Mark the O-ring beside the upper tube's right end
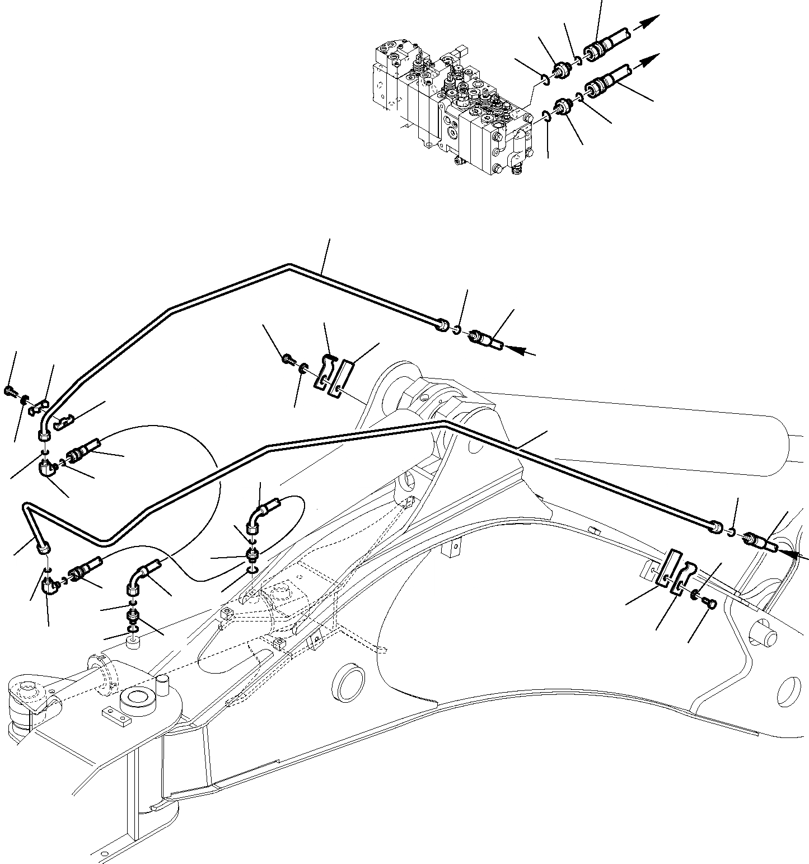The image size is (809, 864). coord(457,330)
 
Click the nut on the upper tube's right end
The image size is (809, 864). coord(442,324)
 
